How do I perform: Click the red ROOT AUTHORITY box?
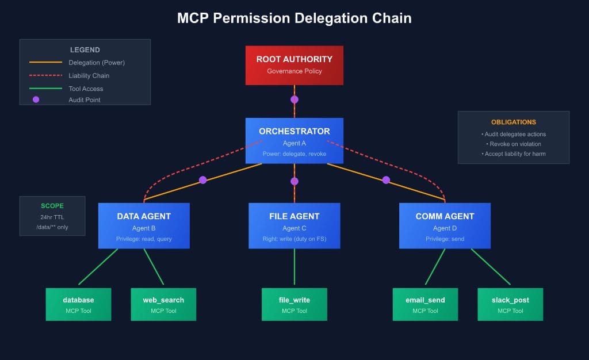294,65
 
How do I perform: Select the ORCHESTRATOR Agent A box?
294,140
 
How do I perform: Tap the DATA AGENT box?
144,225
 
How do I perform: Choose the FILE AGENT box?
294,225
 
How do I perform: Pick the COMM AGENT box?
445,225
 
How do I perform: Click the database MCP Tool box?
78,304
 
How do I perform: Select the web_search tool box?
163,304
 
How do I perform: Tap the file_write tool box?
294,304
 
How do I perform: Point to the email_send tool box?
425,304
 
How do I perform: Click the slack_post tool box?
510,304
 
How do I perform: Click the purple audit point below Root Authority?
294,99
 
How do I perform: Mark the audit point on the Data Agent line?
202,180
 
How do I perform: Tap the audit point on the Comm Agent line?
386,180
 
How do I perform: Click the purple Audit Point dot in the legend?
36,99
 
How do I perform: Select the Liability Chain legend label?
89,75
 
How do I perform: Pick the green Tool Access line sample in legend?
45,89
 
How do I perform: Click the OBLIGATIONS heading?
513,122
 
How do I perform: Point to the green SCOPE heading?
52,205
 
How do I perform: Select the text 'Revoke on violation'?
513,144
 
